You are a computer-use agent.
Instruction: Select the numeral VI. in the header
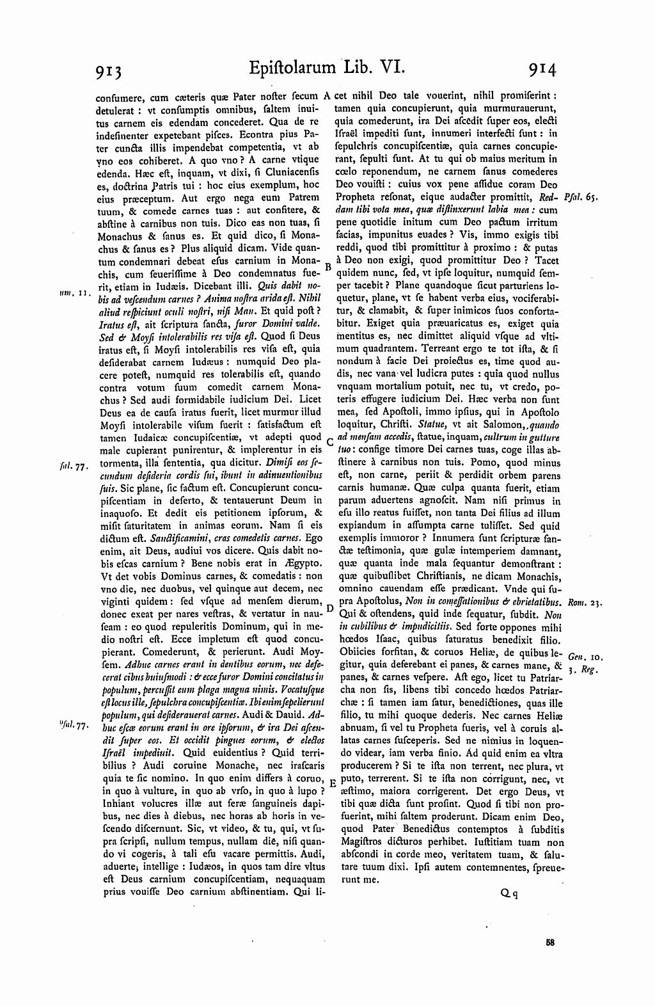click(x=385, y=67)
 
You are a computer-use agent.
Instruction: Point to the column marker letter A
click(x=326, y=97)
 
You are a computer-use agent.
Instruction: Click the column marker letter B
click(x=327, y=265)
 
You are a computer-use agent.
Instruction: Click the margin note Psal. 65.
click(x=581, y=198)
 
